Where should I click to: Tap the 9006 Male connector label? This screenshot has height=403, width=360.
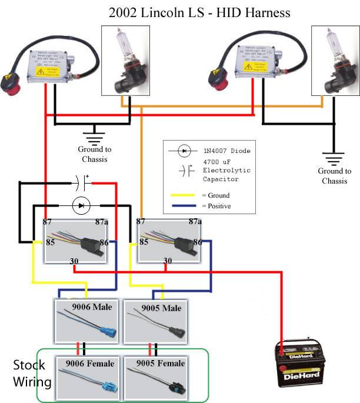[92, 308]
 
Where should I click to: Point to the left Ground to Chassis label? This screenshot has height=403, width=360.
[95, 154]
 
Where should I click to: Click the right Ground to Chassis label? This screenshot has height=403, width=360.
[334, 176]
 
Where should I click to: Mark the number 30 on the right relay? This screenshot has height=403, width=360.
[168, 261]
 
